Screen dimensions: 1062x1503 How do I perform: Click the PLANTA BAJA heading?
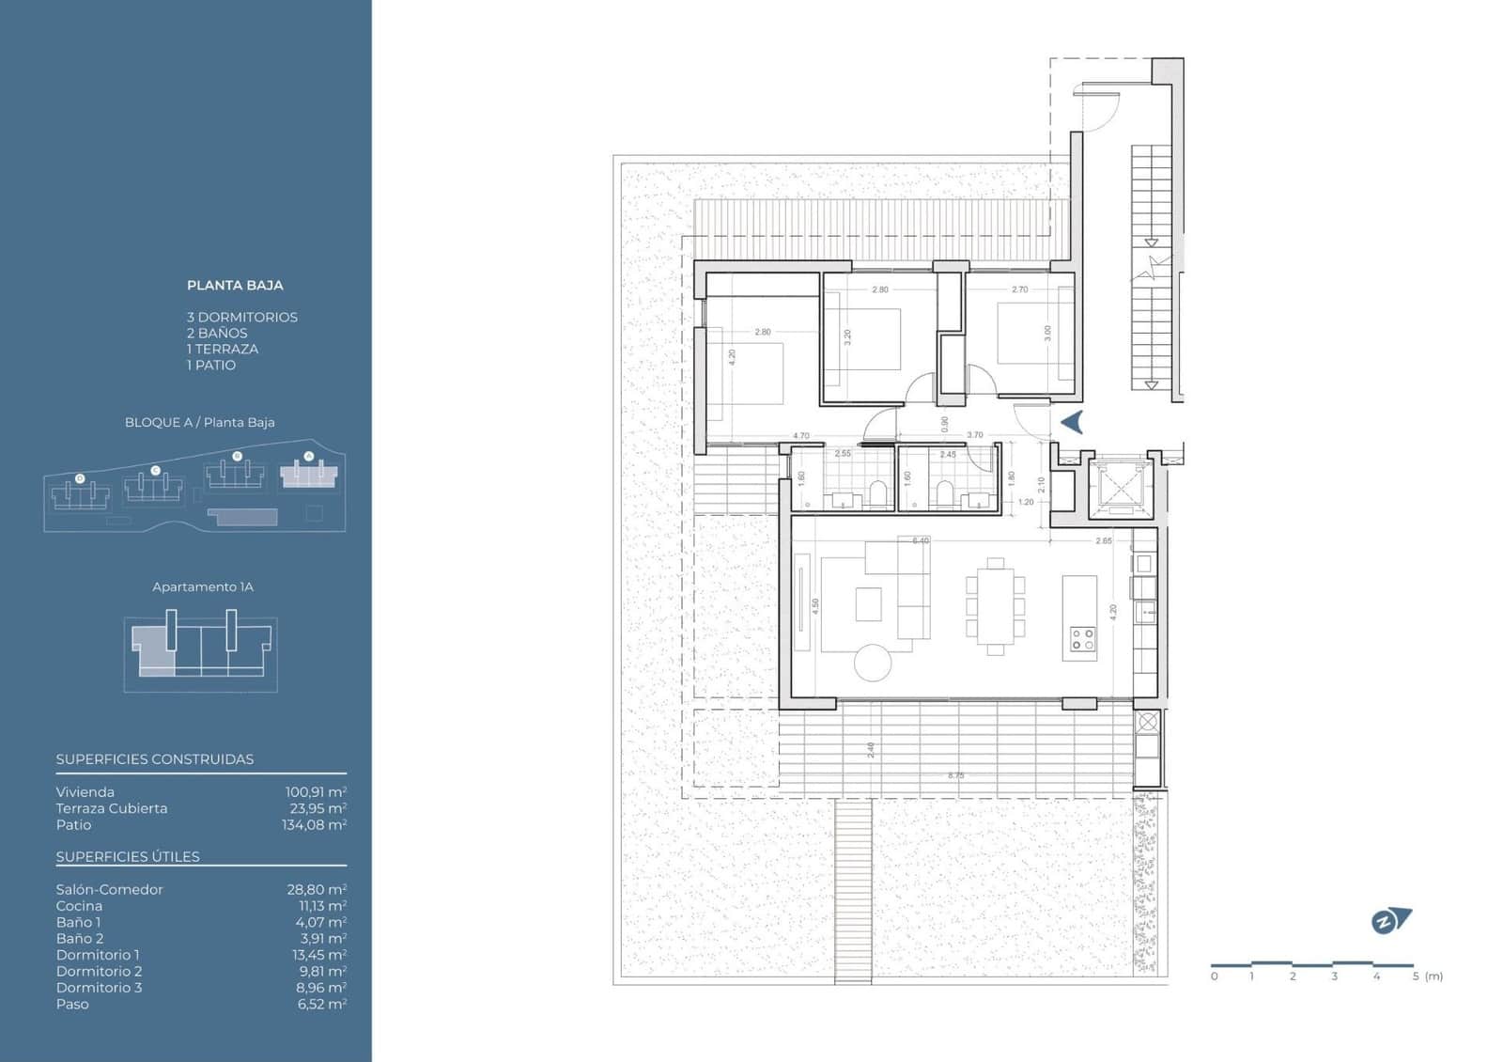click(x=235, y=285)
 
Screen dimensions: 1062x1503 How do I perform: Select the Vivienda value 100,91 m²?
click(x=316, y=792)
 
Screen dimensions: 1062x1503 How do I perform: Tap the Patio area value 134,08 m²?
click(x=314, y=825)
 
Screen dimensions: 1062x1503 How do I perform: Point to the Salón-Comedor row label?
click(x=109, y=889)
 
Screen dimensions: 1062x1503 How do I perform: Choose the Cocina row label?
click(x=79, y=906)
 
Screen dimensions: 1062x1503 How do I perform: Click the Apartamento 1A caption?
click(x=203, y=586)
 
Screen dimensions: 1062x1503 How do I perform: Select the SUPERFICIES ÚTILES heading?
click(x=128, y=857)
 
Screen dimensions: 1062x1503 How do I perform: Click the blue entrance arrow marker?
click(x=1072, y=423)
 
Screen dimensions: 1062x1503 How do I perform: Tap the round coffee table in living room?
click(x=873, y=663)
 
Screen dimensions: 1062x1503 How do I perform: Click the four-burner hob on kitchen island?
click(x=1082, y=639)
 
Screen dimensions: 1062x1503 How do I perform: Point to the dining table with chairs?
click(x=995, y=605)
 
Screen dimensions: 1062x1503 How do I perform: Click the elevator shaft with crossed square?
click(x=1119, y=484)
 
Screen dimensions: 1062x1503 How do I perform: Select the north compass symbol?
click(x=1390, y=921)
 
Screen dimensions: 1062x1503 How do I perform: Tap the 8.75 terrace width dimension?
click(x=955, y=775)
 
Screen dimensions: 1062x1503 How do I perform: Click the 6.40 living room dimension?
click(x=920, y=540)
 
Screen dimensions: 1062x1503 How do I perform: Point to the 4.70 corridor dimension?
click(x=800, y=436)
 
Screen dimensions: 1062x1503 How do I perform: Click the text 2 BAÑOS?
click(x=217, y=333)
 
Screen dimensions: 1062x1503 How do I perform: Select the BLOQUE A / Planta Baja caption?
click(x=199, y=422)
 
